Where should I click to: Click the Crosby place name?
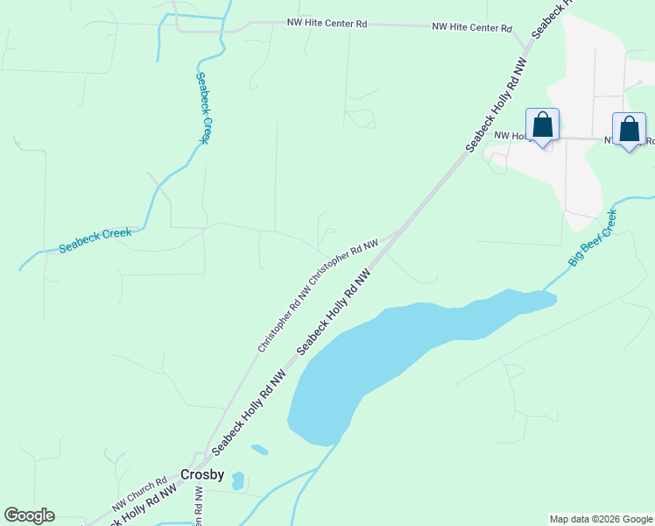(x=202, y=474)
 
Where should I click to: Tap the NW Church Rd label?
(x=139, y=495)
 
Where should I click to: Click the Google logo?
(x=29, y=515)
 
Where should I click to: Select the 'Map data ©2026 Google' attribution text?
(x=601, y=519)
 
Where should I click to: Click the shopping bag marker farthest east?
(x=629, y=130)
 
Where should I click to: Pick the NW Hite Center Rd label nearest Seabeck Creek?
(x=327, y=24)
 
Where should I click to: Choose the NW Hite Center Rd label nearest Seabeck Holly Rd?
(x=472, y=28)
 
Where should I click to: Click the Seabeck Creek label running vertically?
(x=202, y=107)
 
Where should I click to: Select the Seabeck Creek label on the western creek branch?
(x=95, y=240)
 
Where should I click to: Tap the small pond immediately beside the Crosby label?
(x=238, y=480)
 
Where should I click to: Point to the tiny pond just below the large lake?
(x=259, y=450)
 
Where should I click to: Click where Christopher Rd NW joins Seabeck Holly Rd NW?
(x=399, y=231)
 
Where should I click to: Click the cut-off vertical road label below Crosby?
(x=197, y=507)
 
